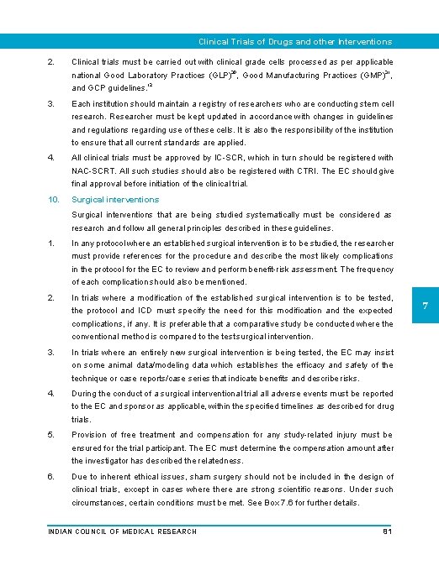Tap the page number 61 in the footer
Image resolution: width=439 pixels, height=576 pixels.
pos(387,531)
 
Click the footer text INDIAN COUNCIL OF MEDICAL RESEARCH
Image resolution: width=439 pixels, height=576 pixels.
pos(122,531)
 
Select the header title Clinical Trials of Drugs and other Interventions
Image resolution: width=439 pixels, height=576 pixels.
pos(294,41)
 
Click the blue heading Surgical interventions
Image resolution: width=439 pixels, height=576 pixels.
pos(115,200)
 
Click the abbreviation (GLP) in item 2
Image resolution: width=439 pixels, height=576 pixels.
pos(219,76)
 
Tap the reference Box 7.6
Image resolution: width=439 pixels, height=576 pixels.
pos(299,502)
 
